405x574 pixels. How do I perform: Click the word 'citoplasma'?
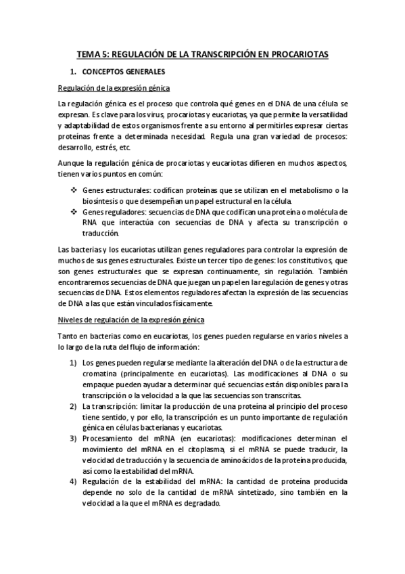219,449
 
